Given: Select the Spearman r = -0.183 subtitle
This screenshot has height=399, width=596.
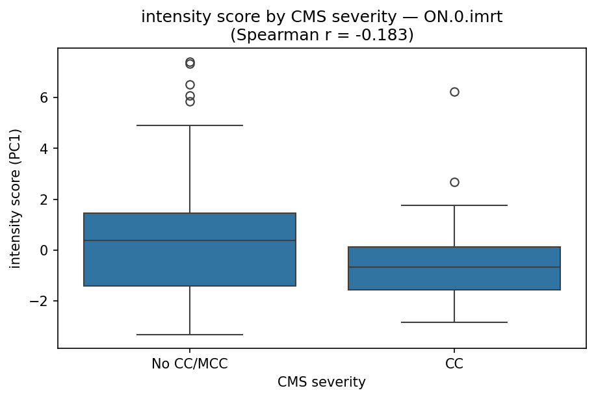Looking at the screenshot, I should click(322, 35).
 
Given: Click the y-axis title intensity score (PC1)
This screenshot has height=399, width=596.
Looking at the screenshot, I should click(16, 198).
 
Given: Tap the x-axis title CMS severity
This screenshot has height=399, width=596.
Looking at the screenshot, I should click(322, 382).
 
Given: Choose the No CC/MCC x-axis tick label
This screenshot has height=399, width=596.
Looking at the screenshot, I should click(190, 364).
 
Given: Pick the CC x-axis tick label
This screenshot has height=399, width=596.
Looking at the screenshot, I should click(454, 364).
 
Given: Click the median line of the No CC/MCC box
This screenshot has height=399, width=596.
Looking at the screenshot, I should click(190, 240).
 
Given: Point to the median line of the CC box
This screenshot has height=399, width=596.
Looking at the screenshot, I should click(454, 267).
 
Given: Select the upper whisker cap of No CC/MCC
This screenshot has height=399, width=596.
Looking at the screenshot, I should click(190, 125).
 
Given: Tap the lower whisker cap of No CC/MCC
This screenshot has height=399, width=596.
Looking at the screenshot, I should click(190, 335).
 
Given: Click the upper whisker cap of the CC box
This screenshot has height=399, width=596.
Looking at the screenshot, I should click(454, 205).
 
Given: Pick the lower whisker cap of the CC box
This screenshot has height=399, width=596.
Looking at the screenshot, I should click(454, 322).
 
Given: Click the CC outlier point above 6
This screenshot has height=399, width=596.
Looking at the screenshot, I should click(454, 92).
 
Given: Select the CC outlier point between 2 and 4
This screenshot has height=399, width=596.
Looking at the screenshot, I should click(454, 182).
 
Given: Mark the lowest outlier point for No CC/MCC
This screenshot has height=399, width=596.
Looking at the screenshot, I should click(190, 101).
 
